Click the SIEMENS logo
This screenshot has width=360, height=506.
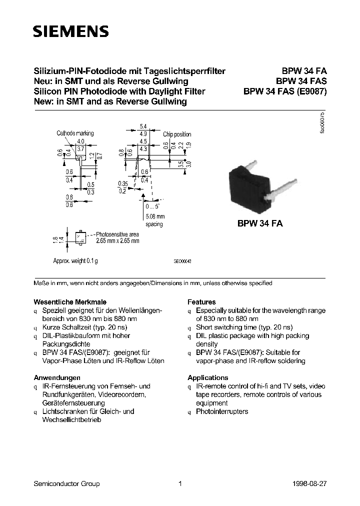[x=70, y=32]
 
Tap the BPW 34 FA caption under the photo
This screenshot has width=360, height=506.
[x=260, y=224]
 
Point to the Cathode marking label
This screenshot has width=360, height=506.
[x=75, y=133]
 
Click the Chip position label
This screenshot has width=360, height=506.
[x=177, y=134]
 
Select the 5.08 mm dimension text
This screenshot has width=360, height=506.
[x=154, y=216]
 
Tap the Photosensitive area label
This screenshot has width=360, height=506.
[x=118, y=234]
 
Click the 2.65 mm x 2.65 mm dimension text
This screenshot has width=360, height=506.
[x=118, y=241]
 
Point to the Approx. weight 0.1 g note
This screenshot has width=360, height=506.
[x=75, y=261]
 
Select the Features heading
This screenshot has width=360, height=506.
[x=201, y=302]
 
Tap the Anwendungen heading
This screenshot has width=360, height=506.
[x=57, y=377]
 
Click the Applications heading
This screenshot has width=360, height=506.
[x=207, y=377]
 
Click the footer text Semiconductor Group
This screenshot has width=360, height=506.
[x=66, y=483]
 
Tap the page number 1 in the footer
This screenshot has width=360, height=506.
[x=179, y=483]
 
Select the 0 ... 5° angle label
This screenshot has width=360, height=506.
[x=151, y=206]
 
